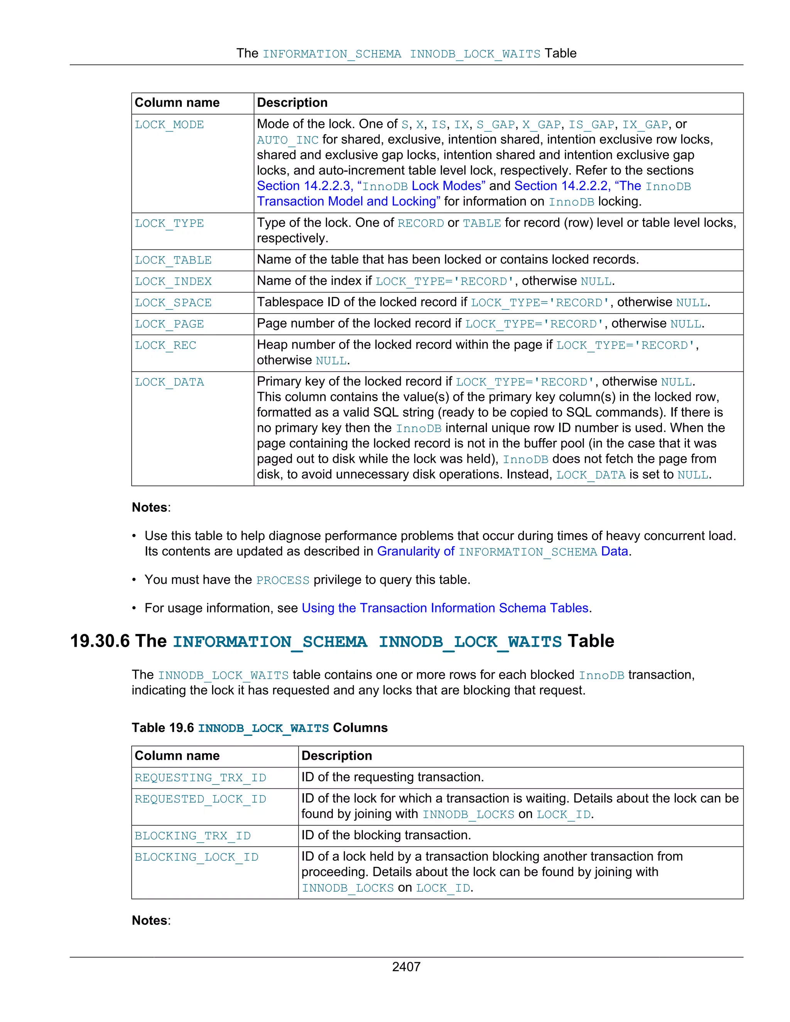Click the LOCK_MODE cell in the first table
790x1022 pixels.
click(169, 125)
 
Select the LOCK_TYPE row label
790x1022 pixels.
click(169, 224)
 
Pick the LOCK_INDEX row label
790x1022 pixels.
click(173, 282)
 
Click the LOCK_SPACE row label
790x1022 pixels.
click(173, 303)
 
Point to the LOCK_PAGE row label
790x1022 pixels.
click(169, 324)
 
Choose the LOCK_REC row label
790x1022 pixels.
click(165, 345)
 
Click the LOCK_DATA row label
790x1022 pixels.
click(169, 382)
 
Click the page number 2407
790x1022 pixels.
click(406, 967)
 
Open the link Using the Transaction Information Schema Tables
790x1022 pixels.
click(445, 608)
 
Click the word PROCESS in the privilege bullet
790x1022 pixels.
click(282, 580)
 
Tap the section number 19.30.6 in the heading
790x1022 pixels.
click(99, 641)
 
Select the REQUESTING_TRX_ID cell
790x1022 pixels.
click(200, 778)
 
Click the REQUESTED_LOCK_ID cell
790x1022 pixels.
click(200, 799)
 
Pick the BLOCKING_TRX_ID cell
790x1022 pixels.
click(192, 836)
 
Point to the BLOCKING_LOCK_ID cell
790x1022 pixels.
click(196, 857)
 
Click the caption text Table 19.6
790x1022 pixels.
click(162, 728)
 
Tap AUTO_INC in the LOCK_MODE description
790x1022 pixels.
click(287, 140)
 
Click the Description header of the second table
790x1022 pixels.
click(336, 756)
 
